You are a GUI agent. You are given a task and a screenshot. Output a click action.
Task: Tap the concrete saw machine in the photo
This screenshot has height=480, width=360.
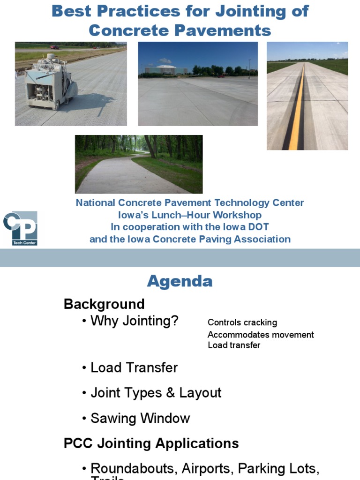(50, 82)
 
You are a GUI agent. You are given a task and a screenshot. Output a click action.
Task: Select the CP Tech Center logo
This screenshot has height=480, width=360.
(20, 228)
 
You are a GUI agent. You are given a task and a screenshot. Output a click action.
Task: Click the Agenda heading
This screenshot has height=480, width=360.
(180, 281)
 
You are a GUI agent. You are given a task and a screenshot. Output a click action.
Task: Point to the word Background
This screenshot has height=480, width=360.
(104, 304)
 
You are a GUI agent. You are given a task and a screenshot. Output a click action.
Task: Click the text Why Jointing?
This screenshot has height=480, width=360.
(134, 321)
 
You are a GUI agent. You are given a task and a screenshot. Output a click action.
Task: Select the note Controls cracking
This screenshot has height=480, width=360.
(242, 322)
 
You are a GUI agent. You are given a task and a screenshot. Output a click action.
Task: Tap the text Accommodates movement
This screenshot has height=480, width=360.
(261, 335)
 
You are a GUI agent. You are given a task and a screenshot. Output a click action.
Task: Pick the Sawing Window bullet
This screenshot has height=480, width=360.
(140, 418)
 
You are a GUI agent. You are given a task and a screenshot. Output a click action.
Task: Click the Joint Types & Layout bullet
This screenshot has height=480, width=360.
(156, 393)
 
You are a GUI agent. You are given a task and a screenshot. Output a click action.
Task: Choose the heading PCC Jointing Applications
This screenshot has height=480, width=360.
(151, 443)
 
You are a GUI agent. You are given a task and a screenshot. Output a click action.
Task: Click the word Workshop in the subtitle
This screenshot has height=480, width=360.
(238, 215)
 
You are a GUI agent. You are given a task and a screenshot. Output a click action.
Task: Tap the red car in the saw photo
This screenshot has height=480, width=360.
(55, 47)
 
